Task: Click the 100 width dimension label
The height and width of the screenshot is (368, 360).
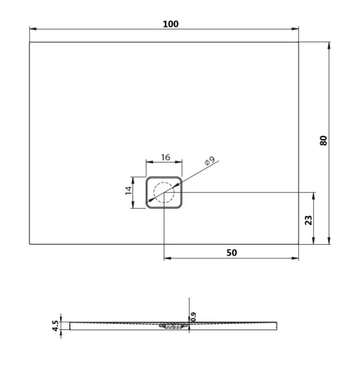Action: click(x=170, y=23)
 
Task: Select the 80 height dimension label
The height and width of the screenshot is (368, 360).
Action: click(x=324, y=140)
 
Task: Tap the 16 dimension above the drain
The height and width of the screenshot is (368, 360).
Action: click(x=165, y=157)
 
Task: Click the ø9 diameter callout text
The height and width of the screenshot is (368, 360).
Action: click(x=209, y=162)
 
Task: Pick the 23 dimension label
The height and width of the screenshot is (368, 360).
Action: click(x=308, y=219)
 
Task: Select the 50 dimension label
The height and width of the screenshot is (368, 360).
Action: click(x=231, y=252)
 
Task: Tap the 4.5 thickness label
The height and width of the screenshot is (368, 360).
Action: click(x=55, y=324)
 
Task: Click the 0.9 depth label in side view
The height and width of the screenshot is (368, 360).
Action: click(x=193, y=316)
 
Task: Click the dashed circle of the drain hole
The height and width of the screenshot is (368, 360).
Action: click(x=164, y=193)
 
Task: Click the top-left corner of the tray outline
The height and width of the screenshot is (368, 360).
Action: click(x=29, y=42)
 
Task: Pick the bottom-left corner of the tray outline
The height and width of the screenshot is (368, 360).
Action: click(x=29, y=244)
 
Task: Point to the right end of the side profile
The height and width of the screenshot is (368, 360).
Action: click(x=283, y=325)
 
